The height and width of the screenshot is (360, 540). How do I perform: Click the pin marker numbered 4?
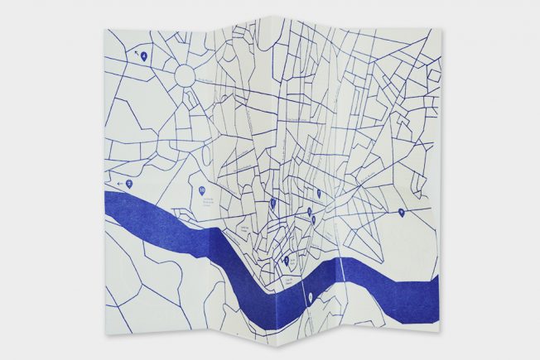tap(144, 56)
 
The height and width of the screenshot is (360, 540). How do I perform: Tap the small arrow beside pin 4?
tap(136, 52)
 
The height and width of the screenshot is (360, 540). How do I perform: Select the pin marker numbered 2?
tap(129, 184)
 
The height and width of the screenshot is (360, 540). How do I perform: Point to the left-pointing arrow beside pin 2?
tap(120, 184)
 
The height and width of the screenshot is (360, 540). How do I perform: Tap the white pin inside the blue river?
tap(310, 296)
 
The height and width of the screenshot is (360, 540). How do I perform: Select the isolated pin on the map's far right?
tap(401, 213)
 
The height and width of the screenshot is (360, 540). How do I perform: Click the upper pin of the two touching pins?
tap(310, 212)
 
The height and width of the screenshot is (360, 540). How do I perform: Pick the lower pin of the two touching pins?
tap(313, 220)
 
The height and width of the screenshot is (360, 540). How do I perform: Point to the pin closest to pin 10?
tap(272, 203)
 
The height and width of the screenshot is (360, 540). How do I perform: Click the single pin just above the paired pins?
tap(318, 193)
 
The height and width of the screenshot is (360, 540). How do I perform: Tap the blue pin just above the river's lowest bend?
tap(286, 260)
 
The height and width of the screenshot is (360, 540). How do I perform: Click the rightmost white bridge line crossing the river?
tap(342, 268)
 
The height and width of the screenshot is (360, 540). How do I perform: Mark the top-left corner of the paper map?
tap(108, 30)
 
